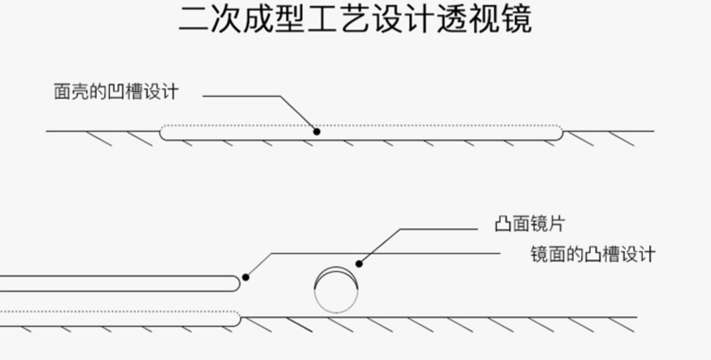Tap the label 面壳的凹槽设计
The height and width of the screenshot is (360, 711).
pos(116,91)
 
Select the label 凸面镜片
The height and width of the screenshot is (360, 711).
pos(529,224)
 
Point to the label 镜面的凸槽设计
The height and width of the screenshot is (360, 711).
pos(592,254)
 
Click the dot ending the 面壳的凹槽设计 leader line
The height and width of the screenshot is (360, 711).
pos(317,132)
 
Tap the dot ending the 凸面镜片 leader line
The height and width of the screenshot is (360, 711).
pos(359,264)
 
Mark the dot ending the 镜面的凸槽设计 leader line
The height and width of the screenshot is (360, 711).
pos(246,277)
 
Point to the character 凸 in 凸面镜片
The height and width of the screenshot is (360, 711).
pos(503,224)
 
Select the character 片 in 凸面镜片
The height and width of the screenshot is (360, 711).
pos(556,224)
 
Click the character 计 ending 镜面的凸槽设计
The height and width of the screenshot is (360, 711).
pos(647,254)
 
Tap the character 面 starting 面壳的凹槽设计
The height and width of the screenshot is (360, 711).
pos(62,91)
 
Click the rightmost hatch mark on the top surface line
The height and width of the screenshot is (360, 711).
pos(622,139)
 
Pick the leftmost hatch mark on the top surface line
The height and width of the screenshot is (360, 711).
pos(99,139)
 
